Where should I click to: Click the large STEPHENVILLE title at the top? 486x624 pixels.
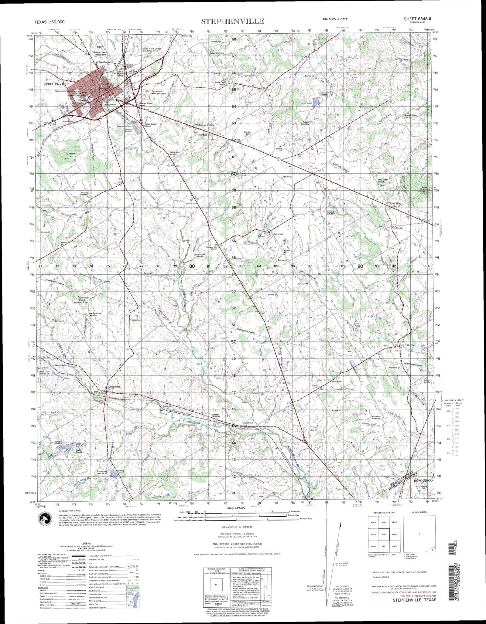coord(232,21)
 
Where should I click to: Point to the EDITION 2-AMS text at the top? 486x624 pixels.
coord(335,19)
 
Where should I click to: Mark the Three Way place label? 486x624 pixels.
coord(394,204)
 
